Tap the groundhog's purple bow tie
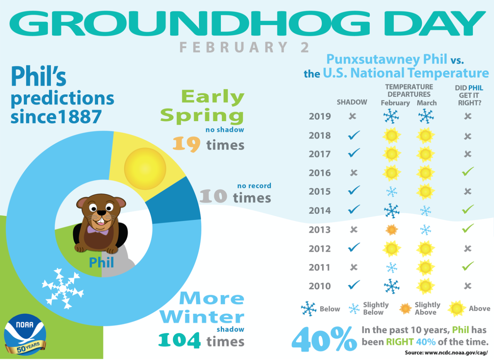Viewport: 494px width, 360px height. [x=98, y=230]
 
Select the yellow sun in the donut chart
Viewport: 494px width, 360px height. [x=145, y=169]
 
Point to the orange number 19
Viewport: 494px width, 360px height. [x=186, y=144]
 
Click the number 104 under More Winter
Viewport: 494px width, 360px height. [x=179, y=341]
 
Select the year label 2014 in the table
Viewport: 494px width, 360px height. [x=320, y=211]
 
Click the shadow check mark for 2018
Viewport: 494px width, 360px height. [x=354, y=135]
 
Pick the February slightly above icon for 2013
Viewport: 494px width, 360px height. [x=391, y=230]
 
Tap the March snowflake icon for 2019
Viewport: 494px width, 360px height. [x=426, y=116]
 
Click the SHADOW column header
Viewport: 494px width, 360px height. [x=352, y=103]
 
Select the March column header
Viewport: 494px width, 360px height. [x=426, y=103]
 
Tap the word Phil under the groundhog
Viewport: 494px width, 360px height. [x=102, y=262]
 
